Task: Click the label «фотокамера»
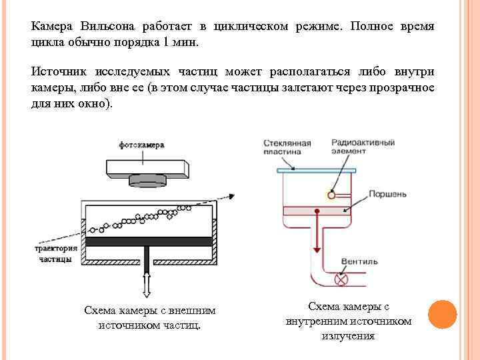[141, 145]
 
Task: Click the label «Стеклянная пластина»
[287, 147]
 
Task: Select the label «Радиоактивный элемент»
[366, 147]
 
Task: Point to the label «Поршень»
[387, 194]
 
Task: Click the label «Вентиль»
[359, 261]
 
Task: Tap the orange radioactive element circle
[331, 195]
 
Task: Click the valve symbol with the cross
[344, 281]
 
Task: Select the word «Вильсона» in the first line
[108, 26]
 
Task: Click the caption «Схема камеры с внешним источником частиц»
[149, 318]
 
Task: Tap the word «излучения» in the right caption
[347, 335]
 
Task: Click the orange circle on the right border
[442, 314]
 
